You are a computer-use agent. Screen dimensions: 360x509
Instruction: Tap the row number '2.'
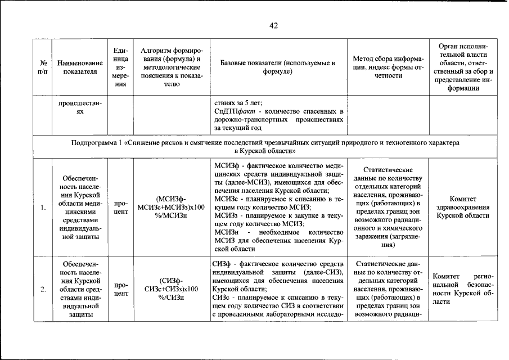pos(43,289)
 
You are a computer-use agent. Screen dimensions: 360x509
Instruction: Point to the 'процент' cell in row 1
pos(120,208)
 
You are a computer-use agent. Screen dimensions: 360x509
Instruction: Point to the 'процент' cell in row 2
pos(120,289)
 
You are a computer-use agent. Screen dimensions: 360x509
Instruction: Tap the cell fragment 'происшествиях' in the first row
pos(80,107)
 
